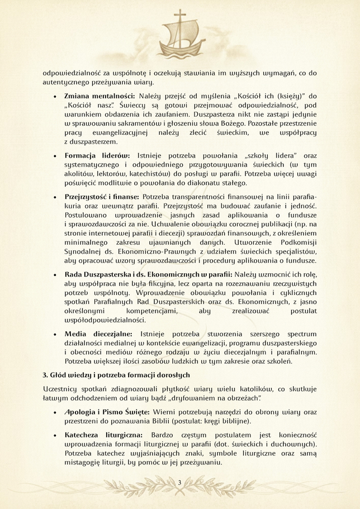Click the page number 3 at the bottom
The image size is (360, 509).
pyautogui.click(x=180, y=482)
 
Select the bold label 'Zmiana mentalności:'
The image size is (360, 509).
pyautogui.click(x=99, y=96)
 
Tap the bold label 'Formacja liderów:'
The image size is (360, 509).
pyautogui.click(x=97, y=154)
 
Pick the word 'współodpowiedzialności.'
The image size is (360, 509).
pyautogui.click(x=104, y=320)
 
